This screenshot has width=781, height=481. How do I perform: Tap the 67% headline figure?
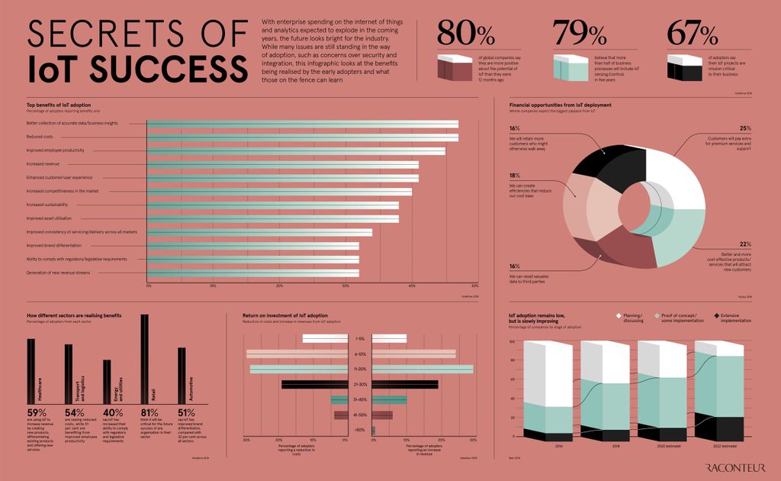click(692, 34)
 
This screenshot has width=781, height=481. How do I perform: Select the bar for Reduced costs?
click(302, 137)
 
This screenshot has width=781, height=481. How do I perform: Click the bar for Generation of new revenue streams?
click(252, 273)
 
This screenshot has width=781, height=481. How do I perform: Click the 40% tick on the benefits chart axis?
click(412, 286)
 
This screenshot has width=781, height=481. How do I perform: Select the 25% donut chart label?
click(745, 128)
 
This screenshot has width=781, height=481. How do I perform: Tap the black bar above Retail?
click(144, 358)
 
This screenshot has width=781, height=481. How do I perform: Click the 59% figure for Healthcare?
click(37, 413)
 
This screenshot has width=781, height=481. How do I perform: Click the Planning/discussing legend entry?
click(630, 317)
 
